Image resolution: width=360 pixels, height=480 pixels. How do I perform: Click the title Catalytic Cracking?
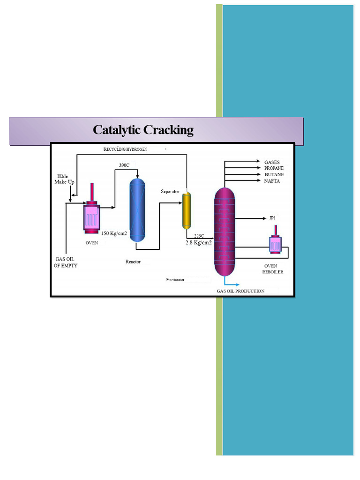pos(143,130)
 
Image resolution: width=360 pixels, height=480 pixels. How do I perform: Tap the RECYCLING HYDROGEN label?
pos(126,149)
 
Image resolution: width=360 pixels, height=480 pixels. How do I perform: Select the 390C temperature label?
pos(124,165)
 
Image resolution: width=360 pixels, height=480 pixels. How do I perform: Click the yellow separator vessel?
pos(187,210)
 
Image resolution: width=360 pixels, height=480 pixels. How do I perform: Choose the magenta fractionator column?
pos(225,232)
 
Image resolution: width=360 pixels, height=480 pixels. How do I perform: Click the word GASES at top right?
pos(272,162)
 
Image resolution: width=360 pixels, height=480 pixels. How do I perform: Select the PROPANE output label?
pos(274,168)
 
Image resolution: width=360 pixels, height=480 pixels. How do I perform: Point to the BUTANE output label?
pos(273,174)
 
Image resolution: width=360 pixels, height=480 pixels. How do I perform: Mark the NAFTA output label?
pos(272,181)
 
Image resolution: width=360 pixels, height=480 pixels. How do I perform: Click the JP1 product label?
pos(272,218)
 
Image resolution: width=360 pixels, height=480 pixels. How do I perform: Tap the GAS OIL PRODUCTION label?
pos(240,291)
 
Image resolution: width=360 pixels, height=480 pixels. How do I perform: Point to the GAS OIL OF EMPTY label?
pos(66,262)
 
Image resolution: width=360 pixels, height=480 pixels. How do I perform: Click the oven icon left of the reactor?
pos(91,216)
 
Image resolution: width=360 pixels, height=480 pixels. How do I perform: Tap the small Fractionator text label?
pos(175,280)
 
